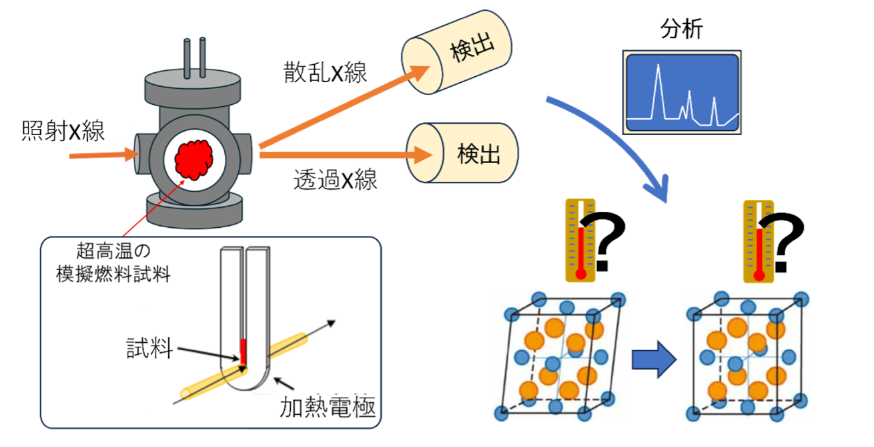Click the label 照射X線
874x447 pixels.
click(63, 132)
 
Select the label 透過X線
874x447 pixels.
click(335, 179)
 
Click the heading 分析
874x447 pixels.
click(681, 31)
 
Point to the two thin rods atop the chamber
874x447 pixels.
click(192, 57)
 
